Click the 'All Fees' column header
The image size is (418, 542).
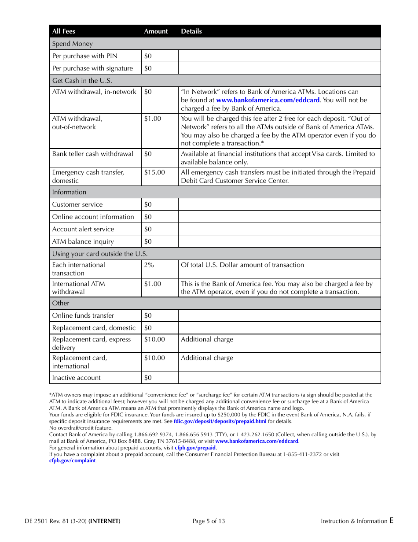63,31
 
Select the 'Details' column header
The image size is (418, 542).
191,31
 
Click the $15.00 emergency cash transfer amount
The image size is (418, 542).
154,172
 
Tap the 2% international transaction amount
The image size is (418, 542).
149,265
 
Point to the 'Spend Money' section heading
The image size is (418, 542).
73,44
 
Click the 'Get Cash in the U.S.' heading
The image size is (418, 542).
82,81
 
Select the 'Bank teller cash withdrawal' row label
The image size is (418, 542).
93,154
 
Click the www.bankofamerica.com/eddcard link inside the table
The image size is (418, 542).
268,100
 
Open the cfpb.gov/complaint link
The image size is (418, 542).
72,460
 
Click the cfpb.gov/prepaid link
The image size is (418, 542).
195,448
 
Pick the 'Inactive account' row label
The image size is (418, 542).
76,378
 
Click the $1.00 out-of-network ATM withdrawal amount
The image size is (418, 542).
153,119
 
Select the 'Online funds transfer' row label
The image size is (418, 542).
83,316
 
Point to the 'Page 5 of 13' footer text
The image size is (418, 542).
209,521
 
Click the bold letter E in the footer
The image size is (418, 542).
391,520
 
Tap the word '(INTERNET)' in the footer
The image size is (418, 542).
104,521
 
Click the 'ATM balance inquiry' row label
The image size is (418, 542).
83,241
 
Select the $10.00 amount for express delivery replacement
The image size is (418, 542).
154,339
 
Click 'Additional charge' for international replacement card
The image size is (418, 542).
207,358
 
